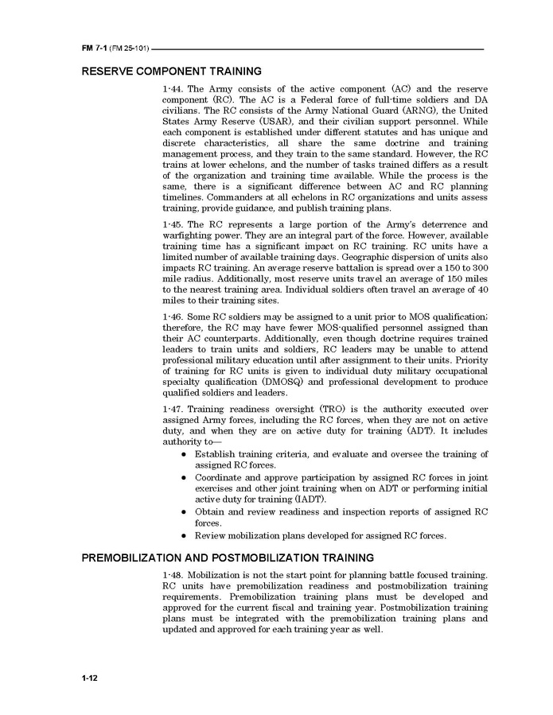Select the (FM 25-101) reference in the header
(x=128, y=49)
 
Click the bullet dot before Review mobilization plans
(x=184, y=536)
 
